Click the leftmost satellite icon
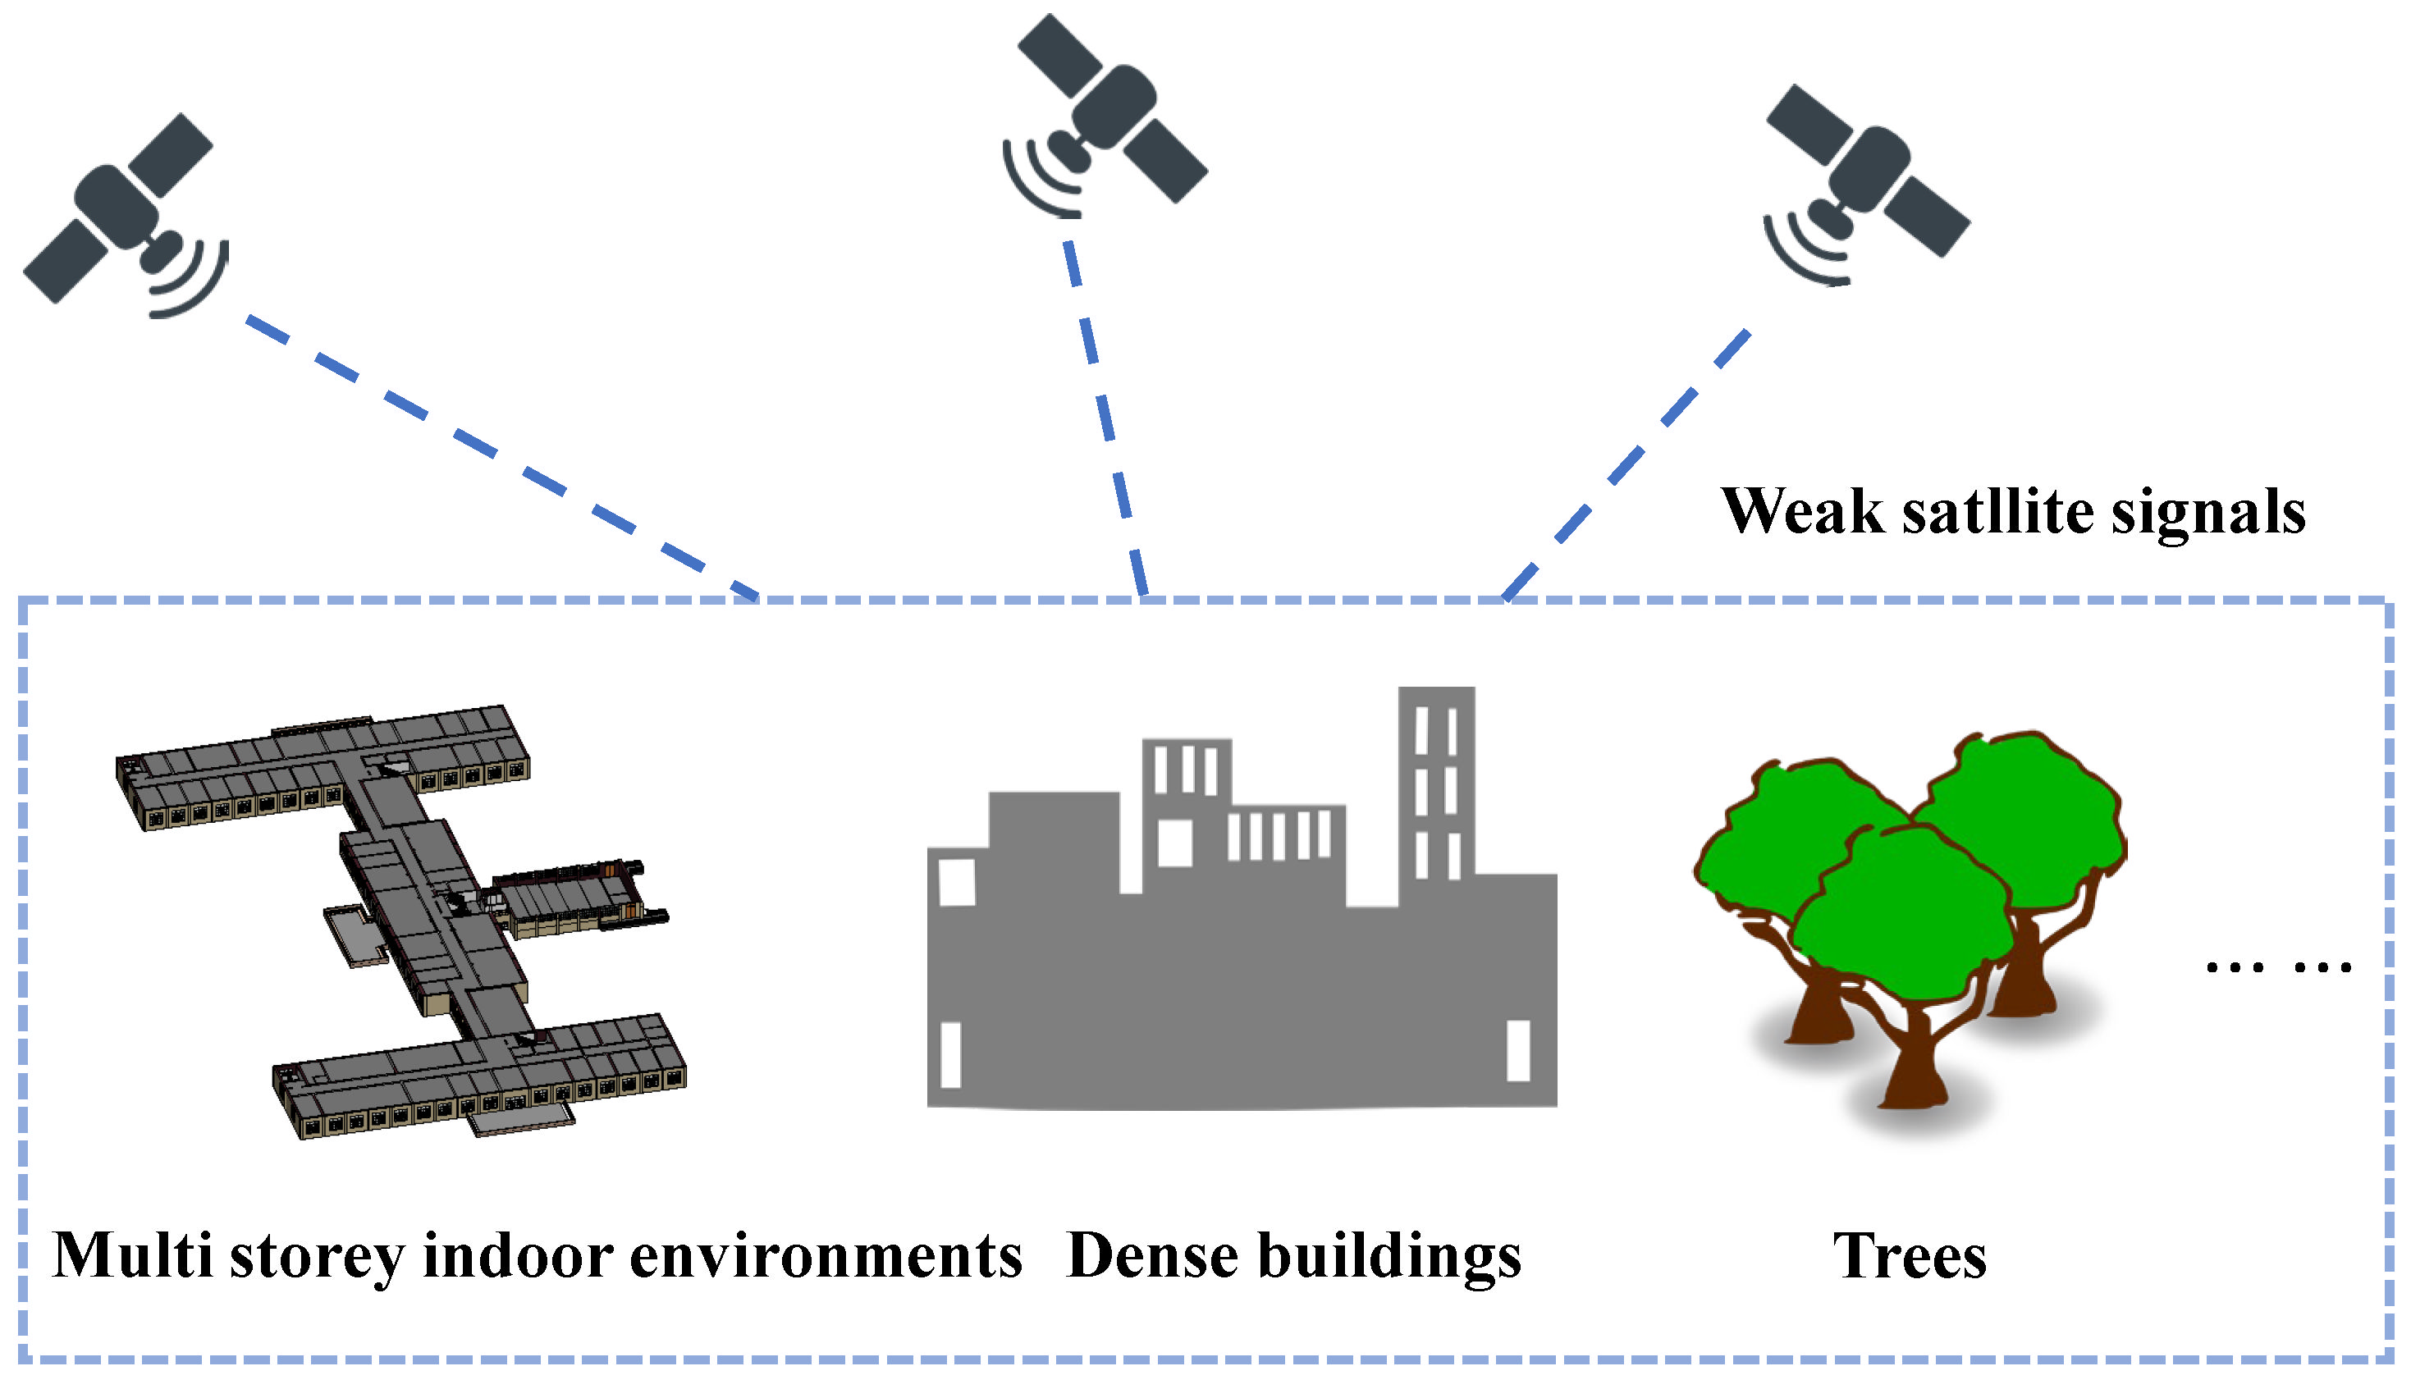117,208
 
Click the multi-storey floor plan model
400,916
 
